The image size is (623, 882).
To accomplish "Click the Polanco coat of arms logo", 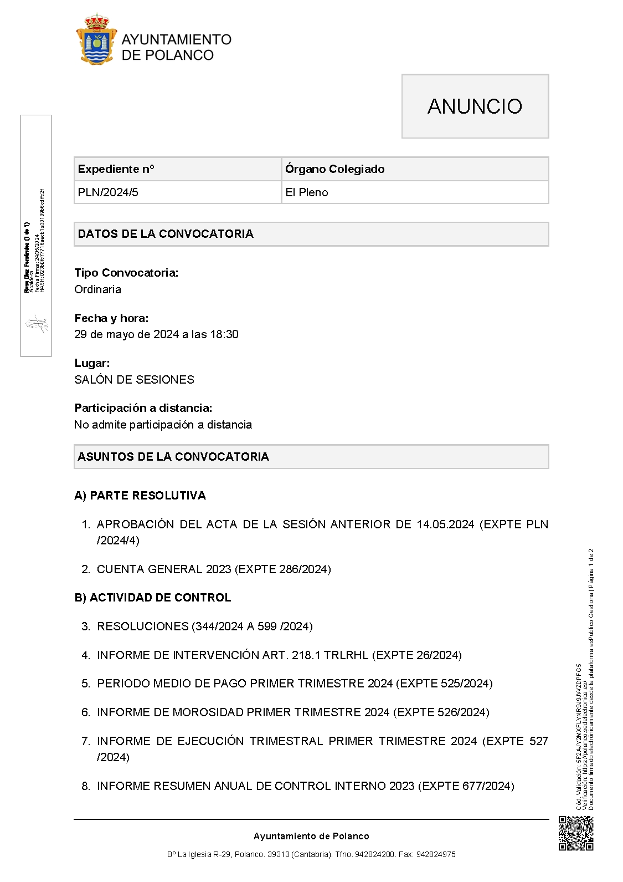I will [96, 40].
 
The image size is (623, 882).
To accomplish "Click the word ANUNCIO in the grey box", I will [475, 106].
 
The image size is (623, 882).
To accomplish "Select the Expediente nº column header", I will [116, 169].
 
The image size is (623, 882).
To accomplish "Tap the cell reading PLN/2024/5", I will [109, 192].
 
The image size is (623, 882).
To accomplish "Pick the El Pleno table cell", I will [307, 192].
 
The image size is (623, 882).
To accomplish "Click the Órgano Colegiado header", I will [334, 169].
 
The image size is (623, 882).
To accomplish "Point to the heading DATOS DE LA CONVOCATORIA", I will [166, 234].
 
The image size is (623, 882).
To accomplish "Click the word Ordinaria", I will [98, 289].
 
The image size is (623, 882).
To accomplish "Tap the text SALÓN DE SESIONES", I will [135, 380].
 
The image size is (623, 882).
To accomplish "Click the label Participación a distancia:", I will [143, 408].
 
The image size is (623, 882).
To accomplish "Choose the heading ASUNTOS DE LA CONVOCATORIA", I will [173, 457].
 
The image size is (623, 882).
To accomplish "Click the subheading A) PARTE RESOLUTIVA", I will [140, 496].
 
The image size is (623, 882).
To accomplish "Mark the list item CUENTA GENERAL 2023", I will [214, 569].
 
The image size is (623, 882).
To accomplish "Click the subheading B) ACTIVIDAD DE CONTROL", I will [153, 598].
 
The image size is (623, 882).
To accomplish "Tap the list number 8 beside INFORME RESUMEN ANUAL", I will [85, 786].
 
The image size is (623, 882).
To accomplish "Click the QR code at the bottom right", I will [576, 833].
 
